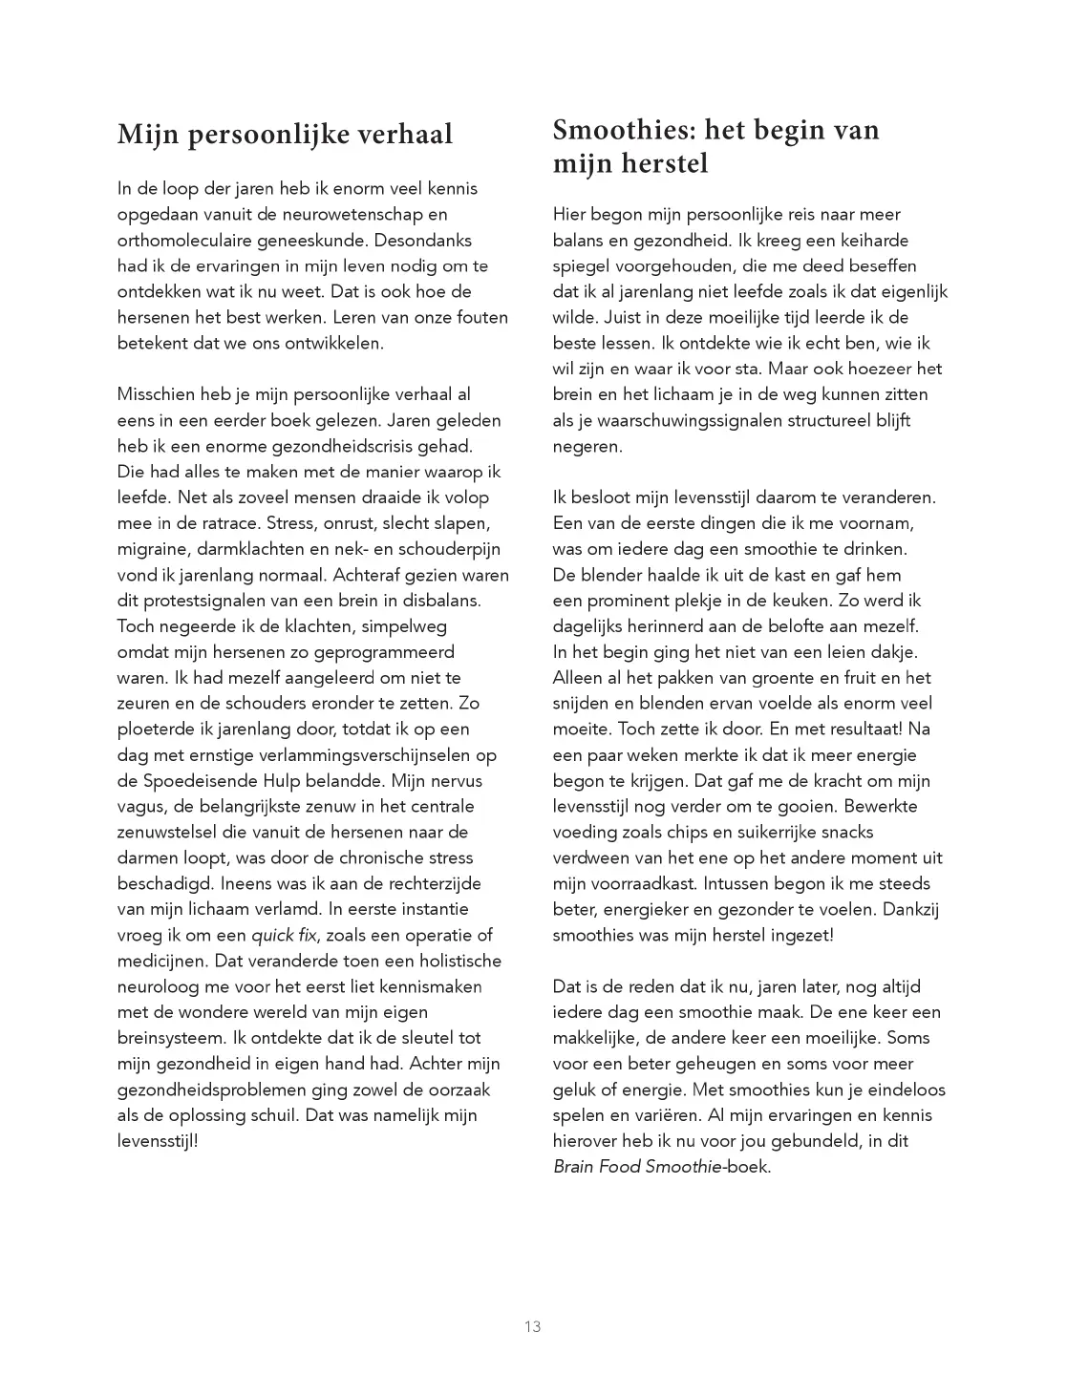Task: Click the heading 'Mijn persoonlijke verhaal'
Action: (285, 135)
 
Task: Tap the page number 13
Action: (533, 1326)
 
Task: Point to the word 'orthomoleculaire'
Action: (181, 240)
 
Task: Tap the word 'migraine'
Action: (153, 549)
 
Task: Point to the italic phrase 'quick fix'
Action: (286, 936)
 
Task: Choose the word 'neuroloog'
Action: (158, 987)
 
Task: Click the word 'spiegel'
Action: (582, 265)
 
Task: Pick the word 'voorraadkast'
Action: (634, 884)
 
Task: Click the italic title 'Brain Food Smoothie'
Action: (636, 1167)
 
